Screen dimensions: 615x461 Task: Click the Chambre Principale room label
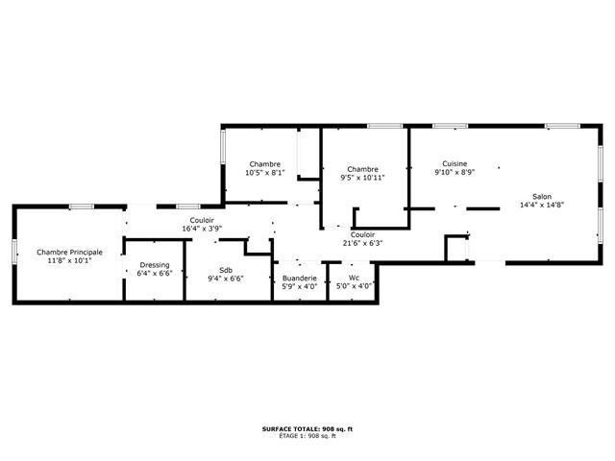[70, 252]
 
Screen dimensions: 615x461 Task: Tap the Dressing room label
[155, 265]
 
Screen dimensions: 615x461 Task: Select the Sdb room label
[226, 270]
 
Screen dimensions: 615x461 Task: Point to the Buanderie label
[299, 279]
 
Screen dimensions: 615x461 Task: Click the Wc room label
[354, 278]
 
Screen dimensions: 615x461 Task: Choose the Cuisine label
[455, 164]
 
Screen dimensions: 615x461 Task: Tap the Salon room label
[542, 196]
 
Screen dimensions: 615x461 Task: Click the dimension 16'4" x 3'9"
[202, 229]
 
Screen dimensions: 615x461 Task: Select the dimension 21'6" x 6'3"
[362, 243]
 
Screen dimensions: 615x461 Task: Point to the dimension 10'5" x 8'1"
[265, 173]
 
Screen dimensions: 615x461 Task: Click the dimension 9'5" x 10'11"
[362, 178]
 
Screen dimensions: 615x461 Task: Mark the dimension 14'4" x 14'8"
[542, 205]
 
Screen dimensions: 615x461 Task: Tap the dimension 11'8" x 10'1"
[70, 260]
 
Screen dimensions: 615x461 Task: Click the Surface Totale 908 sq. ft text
[307, 429]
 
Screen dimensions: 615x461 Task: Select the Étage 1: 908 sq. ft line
[307, 435]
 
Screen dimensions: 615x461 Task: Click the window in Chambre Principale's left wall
[14, 252]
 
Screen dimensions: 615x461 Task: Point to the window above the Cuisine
[451, 126]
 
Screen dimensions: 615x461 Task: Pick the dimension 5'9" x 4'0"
[299, 286]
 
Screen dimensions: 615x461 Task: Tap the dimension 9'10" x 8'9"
[455, 172]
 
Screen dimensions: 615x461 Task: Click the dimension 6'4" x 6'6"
[155, 273]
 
